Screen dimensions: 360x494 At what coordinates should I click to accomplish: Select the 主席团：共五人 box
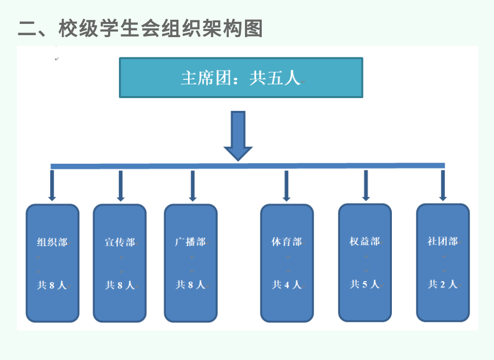tap(241, 78)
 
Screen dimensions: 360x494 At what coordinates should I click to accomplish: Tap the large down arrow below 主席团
tap(238, 135)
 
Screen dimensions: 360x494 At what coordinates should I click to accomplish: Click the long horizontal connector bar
tap(248, 166)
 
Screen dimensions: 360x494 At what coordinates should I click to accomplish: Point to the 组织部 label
tap(52, 242)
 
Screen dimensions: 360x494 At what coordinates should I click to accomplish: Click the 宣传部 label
tap(120, 242)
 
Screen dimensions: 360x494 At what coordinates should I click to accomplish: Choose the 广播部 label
tap(190, 242)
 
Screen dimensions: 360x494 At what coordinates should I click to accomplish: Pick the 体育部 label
tap(286, 242)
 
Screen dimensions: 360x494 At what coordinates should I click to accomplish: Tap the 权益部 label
tap(364, 241)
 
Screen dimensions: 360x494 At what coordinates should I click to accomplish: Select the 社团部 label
tap(442, 241)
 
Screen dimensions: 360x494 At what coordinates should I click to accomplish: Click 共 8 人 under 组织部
tap(52, 285)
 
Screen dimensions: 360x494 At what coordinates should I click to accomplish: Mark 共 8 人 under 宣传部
tap(120, 285)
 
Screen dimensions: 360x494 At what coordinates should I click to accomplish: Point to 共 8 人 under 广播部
tap(191, 285)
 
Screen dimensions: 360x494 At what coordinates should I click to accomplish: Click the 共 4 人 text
tap(287, 285)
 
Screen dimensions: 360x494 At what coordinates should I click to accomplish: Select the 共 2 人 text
tap(443, 284)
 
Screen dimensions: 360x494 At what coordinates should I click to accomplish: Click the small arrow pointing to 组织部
tap(52, 186)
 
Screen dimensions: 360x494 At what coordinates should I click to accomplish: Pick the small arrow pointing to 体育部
tap(286, 186)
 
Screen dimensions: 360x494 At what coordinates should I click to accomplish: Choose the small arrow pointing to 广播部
tap(192, 186)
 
